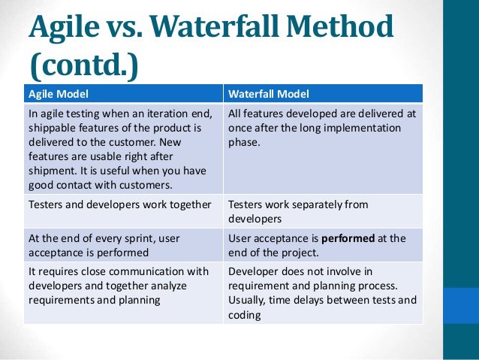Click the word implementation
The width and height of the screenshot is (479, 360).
360,128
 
